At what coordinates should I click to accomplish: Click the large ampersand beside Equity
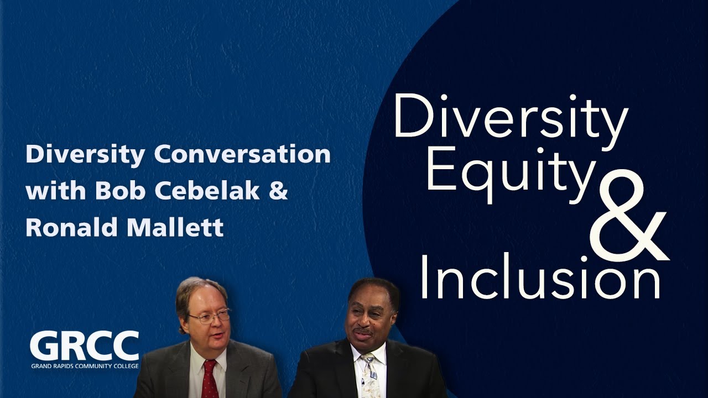629,215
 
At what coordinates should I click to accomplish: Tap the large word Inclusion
540,276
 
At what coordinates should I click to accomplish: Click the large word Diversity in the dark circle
510,119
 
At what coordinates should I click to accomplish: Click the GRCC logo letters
85,346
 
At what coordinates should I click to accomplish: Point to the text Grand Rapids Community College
85,366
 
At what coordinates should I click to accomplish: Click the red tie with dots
210,379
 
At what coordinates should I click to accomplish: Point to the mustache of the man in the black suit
362,332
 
